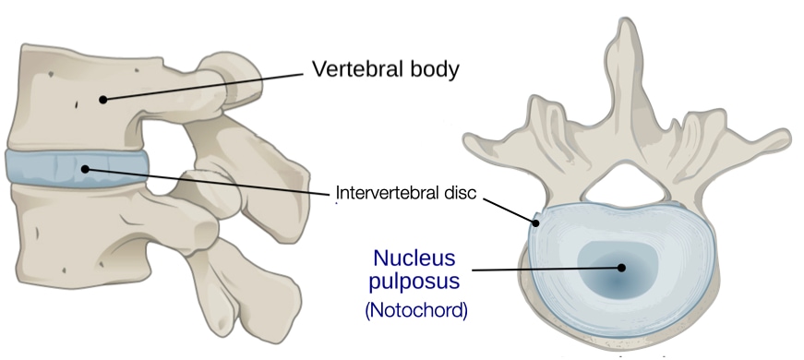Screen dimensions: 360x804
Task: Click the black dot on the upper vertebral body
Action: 105,99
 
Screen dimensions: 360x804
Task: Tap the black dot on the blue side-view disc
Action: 85,169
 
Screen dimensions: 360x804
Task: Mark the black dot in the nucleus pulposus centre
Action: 622,269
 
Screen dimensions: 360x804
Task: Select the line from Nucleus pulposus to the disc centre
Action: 545,269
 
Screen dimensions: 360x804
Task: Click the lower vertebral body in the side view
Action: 74,231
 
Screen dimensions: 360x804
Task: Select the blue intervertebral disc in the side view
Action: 46,168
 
